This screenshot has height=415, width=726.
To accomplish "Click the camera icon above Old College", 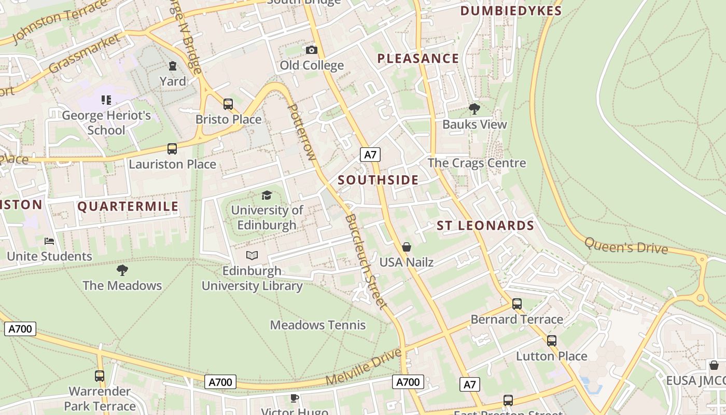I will pos(311,50).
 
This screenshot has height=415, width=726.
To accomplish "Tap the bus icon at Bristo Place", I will pos(228,104).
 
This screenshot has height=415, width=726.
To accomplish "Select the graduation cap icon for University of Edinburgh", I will pos(267,195).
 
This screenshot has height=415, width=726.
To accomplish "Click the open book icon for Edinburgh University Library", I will pos(252,255).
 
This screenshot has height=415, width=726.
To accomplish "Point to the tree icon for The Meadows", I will pos(122,270).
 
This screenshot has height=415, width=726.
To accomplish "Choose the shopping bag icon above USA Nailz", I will pos(407,247).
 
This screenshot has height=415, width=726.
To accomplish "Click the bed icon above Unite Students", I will pos(49,241).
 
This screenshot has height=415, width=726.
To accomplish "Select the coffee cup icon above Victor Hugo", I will pos(295,398).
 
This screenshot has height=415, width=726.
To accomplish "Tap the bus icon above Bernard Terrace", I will pos(516,304).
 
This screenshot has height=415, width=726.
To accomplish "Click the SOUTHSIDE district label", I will pos(378,180).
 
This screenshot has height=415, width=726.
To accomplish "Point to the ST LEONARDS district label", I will pos(485,226).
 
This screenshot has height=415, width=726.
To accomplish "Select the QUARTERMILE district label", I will pos(128,206).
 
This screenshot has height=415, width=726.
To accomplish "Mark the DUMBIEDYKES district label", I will pos(511,11).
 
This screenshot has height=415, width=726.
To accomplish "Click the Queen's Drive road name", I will pos(626,246).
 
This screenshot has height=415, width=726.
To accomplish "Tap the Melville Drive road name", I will pos(364,367).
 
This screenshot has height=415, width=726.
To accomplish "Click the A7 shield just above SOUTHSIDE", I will pos(370,155).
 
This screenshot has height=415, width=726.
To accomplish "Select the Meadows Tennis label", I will pos(318,325).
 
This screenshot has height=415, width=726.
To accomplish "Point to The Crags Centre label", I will pos(477,163).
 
